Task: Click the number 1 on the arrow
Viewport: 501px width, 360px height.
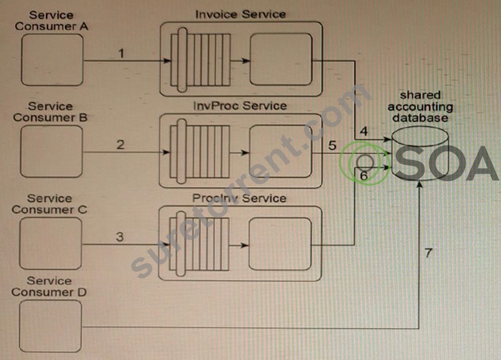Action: [x=121, y=53]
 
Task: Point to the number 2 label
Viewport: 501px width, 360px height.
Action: [x=121, y=145]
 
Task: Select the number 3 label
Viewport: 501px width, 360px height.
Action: [x=120, y=237]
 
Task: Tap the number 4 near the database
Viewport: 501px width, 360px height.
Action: [x=364, y=131]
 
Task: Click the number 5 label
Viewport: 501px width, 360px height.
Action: [x=332, y=145]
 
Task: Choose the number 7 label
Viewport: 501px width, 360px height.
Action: [x=429, y=253]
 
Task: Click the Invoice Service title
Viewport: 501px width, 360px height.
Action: [x=240, y=14]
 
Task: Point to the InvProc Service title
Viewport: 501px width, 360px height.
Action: [x=240, y=106]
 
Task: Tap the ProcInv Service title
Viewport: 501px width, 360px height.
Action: [x=239, y=198]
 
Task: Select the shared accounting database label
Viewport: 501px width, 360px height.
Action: [x=420, y=107]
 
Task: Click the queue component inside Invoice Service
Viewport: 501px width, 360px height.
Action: [x=200, y=60]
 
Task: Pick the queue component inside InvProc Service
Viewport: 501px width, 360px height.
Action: [x=200, y=152]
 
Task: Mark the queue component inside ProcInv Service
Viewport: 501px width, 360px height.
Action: [x=199, y=244]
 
